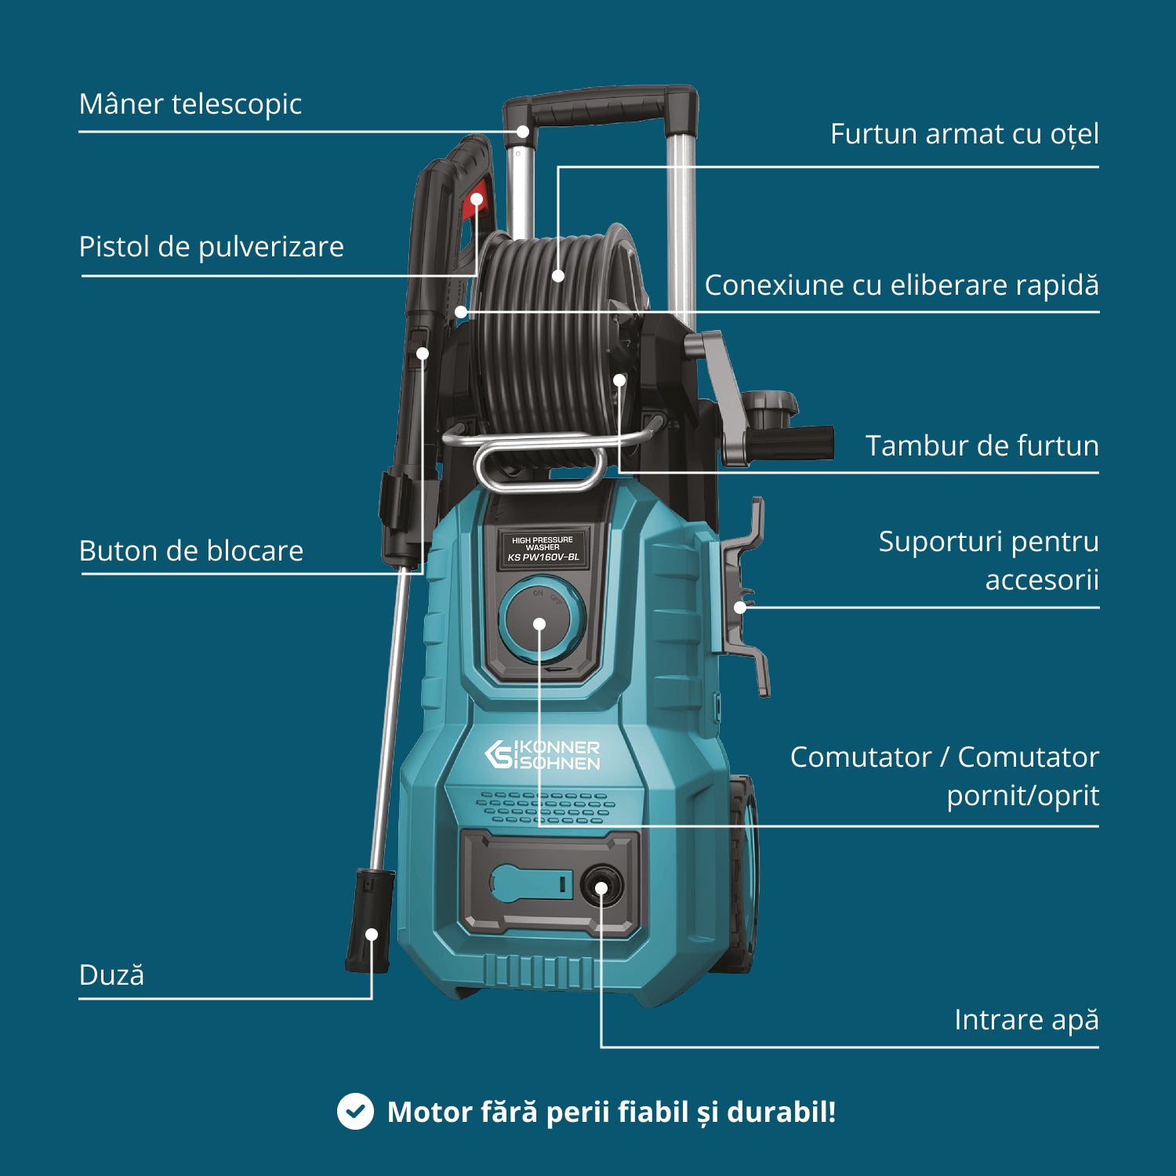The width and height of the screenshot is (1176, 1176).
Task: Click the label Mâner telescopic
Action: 191,104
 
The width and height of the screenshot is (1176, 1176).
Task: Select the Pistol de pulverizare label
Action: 212,247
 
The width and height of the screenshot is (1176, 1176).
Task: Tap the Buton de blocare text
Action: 191,551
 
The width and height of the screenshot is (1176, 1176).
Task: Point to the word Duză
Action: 111,975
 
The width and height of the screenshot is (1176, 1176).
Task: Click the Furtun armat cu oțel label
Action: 964,134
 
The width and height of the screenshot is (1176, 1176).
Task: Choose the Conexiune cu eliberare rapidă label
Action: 902,285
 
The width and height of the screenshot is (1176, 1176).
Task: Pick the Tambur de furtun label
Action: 982,446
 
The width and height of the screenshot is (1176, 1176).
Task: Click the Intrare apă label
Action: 1026,1020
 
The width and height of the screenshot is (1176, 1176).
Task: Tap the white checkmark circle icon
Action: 355,1112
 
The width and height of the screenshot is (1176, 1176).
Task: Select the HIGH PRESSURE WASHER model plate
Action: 543,548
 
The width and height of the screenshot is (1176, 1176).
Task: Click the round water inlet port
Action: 601,887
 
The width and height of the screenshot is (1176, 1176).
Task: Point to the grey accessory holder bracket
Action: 745,604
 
